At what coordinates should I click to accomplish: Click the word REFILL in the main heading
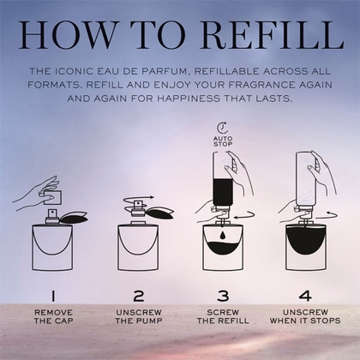point(273,35)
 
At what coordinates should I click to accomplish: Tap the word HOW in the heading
point(68,35)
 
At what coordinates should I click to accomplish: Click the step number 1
point(53,296)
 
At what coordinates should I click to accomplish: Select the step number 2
point(139,296)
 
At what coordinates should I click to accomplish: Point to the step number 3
point(223,296)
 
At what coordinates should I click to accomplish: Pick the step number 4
point(305,296)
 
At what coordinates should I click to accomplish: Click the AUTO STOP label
point(223,141)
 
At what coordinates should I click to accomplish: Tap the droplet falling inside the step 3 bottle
point(223,235)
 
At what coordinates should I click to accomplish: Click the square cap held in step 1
point(53,197)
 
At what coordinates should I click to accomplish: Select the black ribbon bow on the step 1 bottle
point(74,218)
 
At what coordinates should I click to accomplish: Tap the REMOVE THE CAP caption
point(53,316)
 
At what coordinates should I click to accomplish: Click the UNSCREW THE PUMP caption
point(139,316)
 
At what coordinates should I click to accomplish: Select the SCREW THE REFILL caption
point(223,316)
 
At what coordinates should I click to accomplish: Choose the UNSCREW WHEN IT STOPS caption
point(305,316)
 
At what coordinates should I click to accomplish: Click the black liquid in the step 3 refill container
point(223,191)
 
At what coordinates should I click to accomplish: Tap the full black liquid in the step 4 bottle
point(306,238)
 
